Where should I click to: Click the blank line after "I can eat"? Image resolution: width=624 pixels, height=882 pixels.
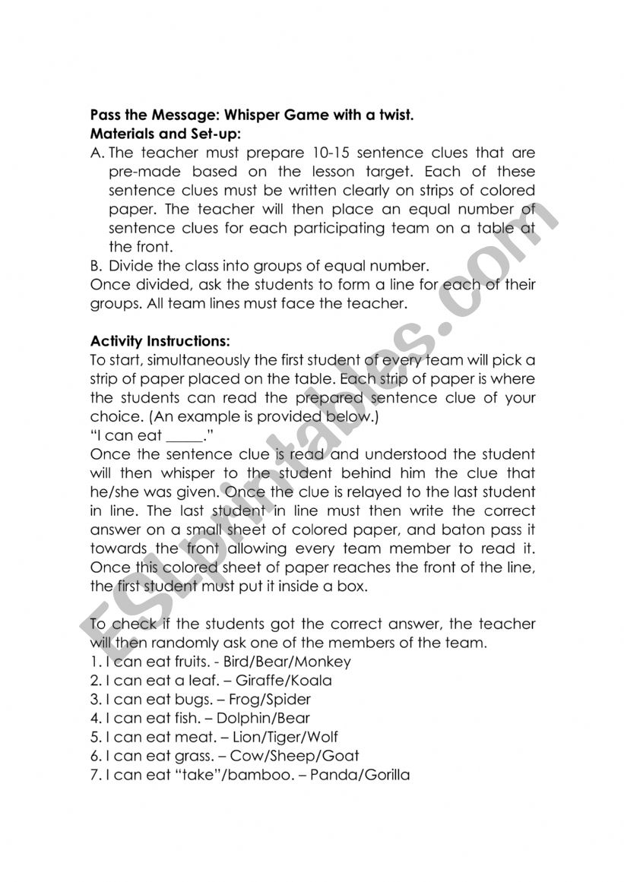coord(185,436)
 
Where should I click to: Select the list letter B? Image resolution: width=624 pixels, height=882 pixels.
coord(95,266)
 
